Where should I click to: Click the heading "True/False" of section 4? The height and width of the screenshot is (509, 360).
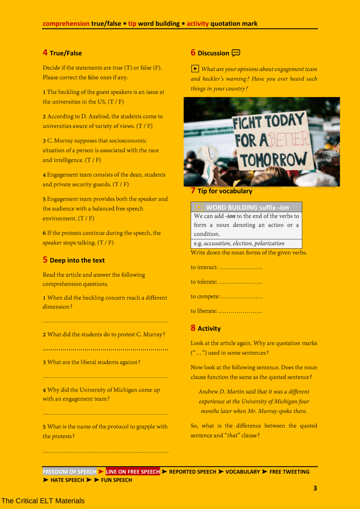[66, 53]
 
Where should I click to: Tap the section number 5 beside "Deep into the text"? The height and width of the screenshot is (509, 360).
[45, 260]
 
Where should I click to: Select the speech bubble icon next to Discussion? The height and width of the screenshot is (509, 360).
[236, 53]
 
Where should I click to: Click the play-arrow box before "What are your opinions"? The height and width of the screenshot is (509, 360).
[195, 69]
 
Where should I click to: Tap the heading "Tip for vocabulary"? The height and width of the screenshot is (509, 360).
[225, 191]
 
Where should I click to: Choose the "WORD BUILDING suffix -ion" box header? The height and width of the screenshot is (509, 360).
[247, 207]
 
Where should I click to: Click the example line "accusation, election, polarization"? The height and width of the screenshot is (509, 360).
[244, 244]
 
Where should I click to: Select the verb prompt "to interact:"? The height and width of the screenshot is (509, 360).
[204, 267]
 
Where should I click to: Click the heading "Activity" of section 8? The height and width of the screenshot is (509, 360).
[209, 328]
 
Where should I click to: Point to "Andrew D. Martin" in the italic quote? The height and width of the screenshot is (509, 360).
[220, 392]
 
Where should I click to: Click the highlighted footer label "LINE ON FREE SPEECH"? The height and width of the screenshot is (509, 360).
[133, 472]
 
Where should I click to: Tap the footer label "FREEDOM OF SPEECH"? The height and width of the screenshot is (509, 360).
[70, 472]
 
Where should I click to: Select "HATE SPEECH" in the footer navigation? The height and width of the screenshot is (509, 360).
[67, 480]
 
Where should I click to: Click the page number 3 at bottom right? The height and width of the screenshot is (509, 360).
[315, 488]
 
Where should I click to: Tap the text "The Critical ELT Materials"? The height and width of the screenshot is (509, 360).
[43, 501]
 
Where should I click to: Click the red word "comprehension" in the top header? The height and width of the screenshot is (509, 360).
[66, 23]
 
